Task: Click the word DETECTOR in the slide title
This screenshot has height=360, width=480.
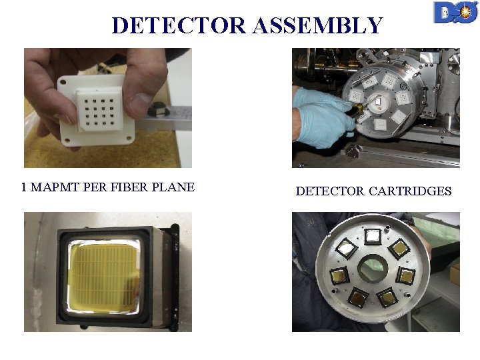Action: (179, 25)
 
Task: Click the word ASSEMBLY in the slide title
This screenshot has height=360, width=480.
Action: (318, 25)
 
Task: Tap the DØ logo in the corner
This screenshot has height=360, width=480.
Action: (456, 12)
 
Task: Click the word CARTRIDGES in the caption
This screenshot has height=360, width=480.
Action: (410, 191)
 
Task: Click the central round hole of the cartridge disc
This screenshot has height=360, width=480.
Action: (373, 269)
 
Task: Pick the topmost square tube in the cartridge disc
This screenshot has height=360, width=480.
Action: (373, 236)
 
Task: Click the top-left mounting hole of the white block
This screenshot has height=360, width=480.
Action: (63, 83)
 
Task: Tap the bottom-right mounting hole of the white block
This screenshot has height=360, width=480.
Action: (129, 138)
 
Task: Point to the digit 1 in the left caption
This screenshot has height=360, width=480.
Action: (24, 187)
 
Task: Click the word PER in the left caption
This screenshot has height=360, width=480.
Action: (95, 187)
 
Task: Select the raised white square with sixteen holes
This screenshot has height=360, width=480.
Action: (99, 109)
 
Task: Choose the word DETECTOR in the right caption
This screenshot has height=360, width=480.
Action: (330, 191)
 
